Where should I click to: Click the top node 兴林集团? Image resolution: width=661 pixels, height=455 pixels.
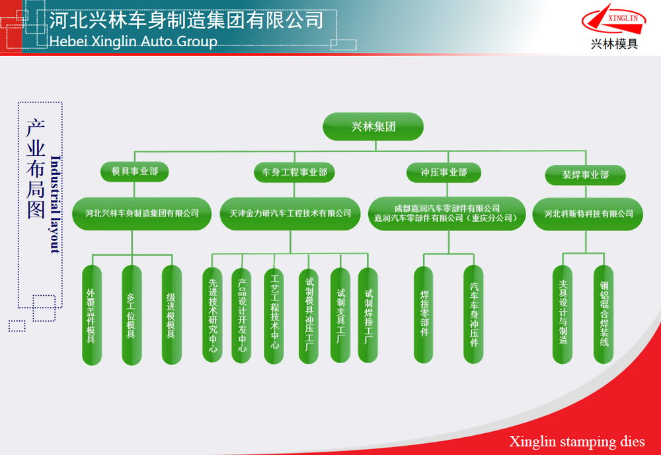(373, 126)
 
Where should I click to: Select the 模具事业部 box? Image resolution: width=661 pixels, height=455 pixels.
(134, 172)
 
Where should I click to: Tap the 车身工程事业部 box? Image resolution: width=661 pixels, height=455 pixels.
(294, 172)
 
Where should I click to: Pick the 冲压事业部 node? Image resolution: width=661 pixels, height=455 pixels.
(444, 172)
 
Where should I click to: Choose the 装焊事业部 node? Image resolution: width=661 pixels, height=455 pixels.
(585, 175)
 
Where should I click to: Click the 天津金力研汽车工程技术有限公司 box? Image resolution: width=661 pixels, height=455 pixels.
(290, 213)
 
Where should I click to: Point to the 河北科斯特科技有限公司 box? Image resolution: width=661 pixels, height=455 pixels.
(588, 214)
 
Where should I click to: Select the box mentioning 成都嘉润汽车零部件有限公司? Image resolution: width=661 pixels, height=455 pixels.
(447, 213)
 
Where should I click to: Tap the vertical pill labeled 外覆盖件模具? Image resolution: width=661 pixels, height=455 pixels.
(91, 315)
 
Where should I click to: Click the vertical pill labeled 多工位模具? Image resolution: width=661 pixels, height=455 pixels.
(132, 315)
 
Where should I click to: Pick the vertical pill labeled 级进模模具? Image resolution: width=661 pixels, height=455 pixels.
(172, 315)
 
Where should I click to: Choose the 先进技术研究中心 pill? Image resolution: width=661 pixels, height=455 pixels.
(212, 315)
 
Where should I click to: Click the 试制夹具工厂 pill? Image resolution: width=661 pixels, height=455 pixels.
(340, 315)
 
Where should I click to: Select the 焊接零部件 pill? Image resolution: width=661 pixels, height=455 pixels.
(424, 314)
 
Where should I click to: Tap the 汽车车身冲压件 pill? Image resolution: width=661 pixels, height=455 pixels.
(473, 314)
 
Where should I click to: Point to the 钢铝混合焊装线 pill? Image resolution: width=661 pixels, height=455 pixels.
(603, 314)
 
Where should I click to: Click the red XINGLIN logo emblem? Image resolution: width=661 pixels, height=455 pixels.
(614, 19)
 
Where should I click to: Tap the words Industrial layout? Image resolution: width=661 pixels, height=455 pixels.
(56, 204)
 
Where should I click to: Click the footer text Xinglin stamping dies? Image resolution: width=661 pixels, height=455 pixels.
(576, 441)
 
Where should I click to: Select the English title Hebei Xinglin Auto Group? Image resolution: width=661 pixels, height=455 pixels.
(134, 42)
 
